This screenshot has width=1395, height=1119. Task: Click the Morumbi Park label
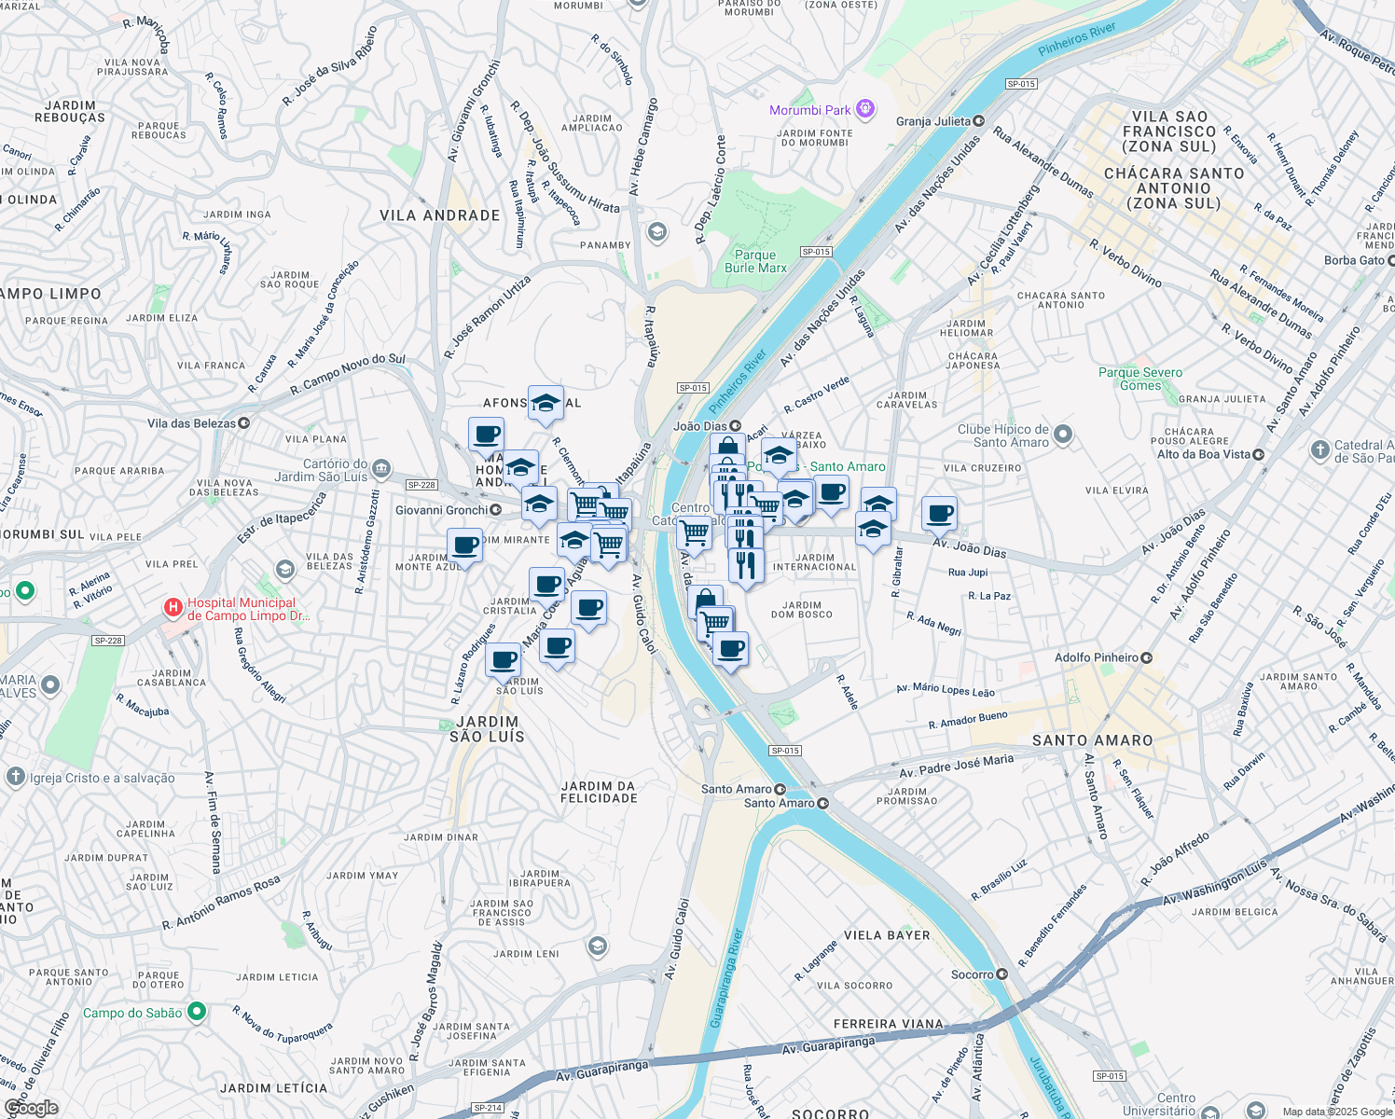(809, 110)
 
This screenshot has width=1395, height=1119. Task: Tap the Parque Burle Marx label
(755, 261)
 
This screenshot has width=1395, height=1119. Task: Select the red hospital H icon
(173, 608)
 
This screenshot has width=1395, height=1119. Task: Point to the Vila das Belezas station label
(192, 423)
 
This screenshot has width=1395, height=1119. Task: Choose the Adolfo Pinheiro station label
(1097, 657)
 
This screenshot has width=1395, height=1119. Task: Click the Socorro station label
(973, 974)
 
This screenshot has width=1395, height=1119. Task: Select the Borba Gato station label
(1354, 260)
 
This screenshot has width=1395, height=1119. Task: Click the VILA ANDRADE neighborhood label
(440, 215)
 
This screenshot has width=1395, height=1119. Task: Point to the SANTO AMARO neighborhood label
(1092, 740)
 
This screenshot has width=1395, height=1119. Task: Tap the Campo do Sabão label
(132, 1013)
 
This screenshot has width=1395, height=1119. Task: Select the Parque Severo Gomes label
(1139, 379)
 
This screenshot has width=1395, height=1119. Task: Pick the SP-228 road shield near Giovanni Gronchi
(421, 485)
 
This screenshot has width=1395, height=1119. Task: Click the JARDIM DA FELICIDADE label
(599, 792)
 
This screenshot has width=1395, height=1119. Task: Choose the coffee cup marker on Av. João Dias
(939, 512)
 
